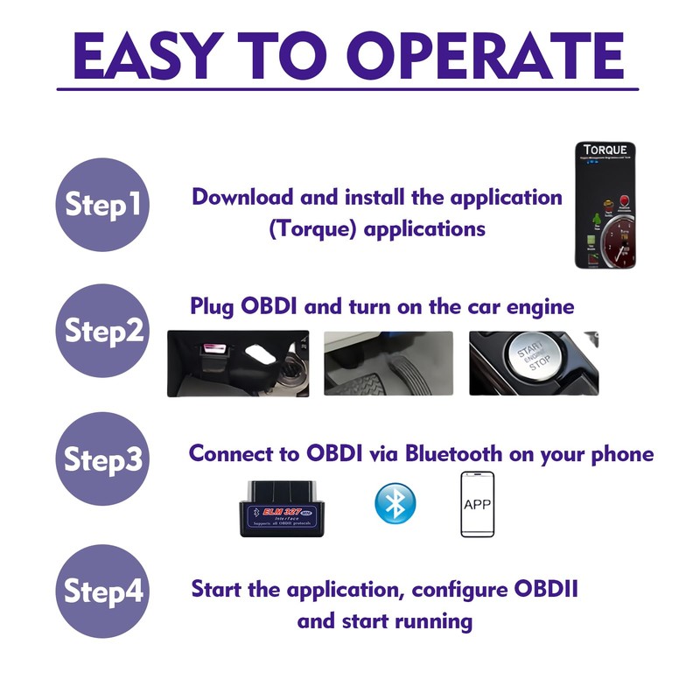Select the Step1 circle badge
(103, 205)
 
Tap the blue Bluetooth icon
(395, 503)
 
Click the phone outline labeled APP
(477, 505)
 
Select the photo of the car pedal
(388, 363)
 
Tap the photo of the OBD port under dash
(237, 363)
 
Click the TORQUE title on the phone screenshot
(605, 150)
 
